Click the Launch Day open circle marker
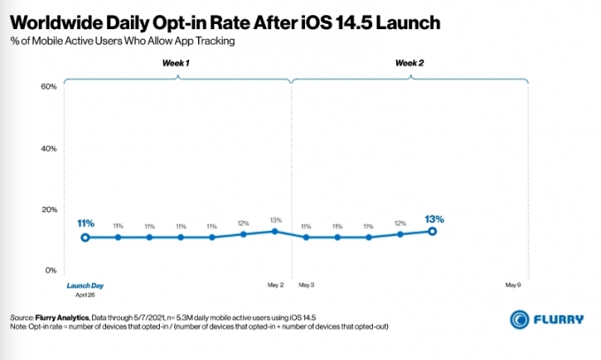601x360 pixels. [85, 238]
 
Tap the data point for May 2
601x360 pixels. [275, 232]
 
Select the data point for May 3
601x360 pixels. [306, 238]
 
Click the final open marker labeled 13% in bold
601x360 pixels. [432, 232]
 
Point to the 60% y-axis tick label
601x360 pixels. [49, 87]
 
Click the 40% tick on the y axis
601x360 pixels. [49, 149]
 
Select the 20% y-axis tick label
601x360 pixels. [49, 210]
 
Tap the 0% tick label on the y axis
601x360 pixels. [51, 270]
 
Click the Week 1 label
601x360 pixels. [176, 63]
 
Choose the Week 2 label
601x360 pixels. [410, 63]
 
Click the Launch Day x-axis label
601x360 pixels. [85, 286]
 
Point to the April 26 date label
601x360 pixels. [85, 295]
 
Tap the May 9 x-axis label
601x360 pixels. [514, 285]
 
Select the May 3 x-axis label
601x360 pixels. [307, 285]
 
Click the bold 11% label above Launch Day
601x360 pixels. [86, 224]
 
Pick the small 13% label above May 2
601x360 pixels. [276, 220]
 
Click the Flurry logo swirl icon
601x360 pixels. [520, 319]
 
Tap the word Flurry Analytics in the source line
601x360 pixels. [62, 318]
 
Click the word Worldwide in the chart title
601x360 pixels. [56, 23]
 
